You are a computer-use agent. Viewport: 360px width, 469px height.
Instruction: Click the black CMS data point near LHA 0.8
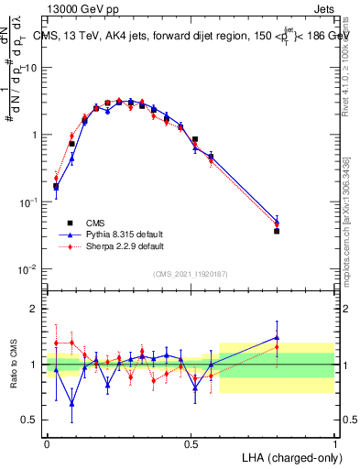[x=277, y=231]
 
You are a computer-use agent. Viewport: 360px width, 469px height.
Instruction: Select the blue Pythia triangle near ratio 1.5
[x=277, y=337]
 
